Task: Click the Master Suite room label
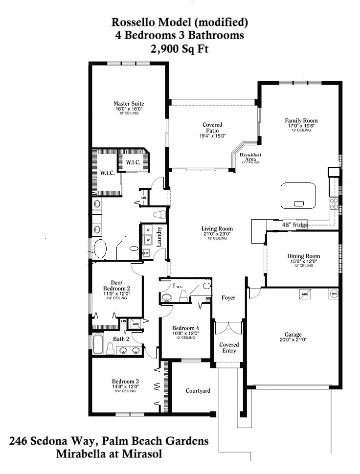pos(129,104)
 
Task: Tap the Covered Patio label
pos(212,128)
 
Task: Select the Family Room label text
pos(301,120)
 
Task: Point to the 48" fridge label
pos(295,225)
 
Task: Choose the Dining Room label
pos(303,256)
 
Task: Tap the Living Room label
pos(217,229)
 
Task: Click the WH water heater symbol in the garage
pos(334,294)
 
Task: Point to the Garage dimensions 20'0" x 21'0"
pos(293,339)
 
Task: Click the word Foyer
pos(228,297)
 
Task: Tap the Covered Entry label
pos(228,347)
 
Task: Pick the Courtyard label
pos(198,391)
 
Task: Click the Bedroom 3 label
pos(126,381)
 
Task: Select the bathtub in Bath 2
pos(97,344)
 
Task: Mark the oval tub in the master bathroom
pos(100,248)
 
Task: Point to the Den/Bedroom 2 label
pos(116,285)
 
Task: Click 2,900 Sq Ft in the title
pos(180,48)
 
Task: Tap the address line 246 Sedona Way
pos(109,441)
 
